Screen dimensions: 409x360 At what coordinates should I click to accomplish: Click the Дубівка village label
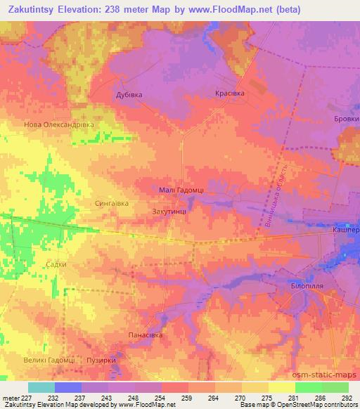pos(129,93)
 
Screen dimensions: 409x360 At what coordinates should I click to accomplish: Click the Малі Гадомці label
pos(180,190)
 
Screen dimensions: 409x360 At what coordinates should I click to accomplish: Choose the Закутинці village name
pos(169,210)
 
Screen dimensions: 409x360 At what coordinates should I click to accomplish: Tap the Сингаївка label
pos(111,204)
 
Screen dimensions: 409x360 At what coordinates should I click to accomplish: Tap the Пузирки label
pos(101,361)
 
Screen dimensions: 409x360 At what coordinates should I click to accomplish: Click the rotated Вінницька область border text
pos(277,197)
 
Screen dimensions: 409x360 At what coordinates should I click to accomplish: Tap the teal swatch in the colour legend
pos(41,387)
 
